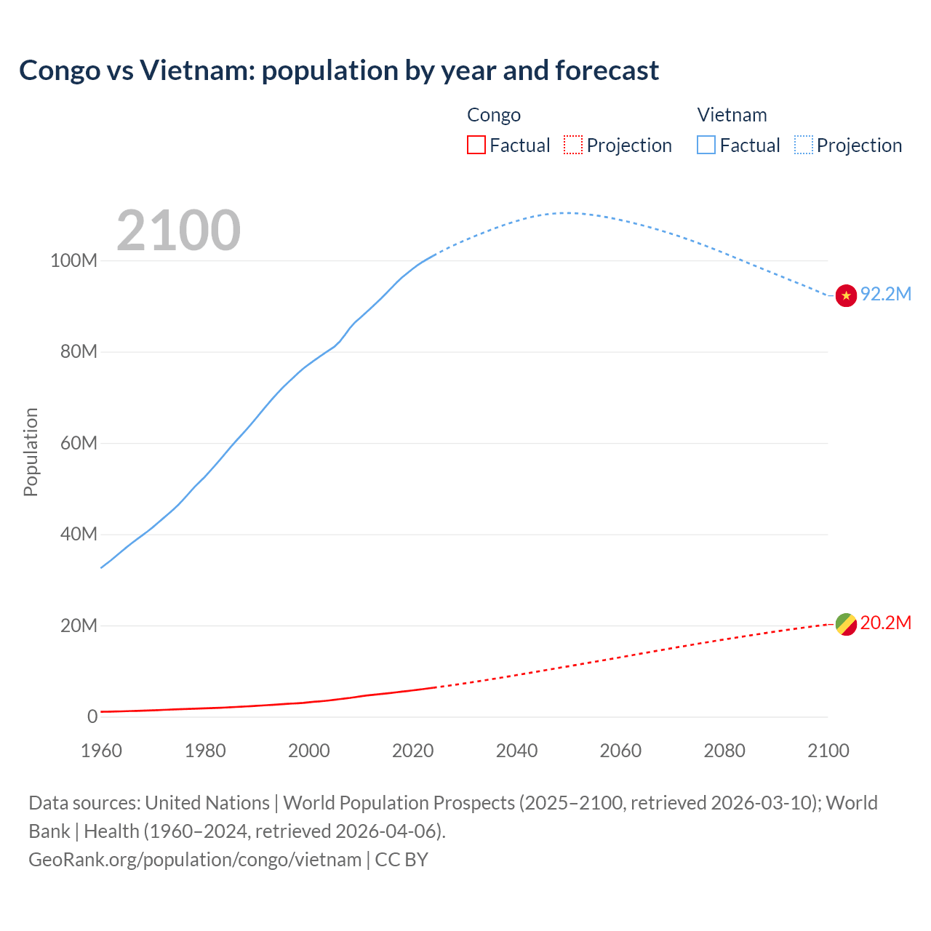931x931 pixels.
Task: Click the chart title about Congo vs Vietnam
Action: pyautogui.click(x=339, y=71)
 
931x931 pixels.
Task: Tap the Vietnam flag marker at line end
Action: pyautogui.click(x=846, y=295)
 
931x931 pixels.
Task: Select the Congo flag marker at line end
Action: pyautogui.click(x=846, y=624)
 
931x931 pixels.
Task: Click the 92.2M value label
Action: pyautogui.click(x=886, y=294)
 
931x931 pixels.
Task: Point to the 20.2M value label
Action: pyautogui.click(x=886, y=623)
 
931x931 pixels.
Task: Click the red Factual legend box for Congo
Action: pyautogui.click(x=476, y=145)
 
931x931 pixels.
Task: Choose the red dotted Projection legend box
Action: pyautogui.click(x=573, y=145)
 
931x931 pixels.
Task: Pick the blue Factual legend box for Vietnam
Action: pyautogui.click(x=706, y=145)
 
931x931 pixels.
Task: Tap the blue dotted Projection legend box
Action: pyautogui.click(x=804, y=145)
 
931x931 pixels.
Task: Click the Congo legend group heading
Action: pyautogui.click(x=494, y=115)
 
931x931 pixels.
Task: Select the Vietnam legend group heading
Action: pyautogui.click(x=732, y=115)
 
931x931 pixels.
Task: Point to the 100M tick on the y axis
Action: pyautogui.click(x=73, y=261)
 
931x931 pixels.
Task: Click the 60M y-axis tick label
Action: pyautogui.click(x=79, y=444)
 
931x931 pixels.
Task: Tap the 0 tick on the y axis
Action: pyautogui.click(x=92, y=717)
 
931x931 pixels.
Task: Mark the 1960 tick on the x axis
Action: pyautogui.click(x=101, y=751)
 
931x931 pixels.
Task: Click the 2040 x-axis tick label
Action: pyautogui.click(x=516, y=751)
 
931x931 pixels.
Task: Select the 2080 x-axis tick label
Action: pyautogui.click(x=724, y=751)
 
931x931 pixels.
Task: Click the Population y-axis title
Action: pyautogui.click(x=31, y=452)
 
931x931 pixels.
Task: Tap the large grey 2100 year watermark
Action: pyautogui.click(x=178, y=231)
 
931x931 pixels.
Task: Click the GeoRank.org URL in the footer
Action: pyautogui.click(x=195, y=860)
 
